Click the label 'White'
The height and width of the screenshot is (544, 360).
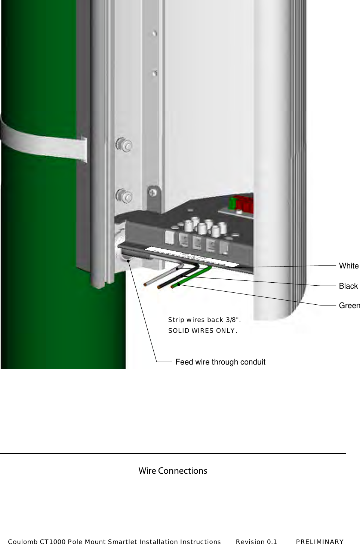[348, 266]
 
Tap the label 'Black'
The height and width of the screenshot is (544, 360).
[348, 286]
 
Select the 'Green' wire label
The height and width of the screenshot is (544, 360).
[349, 305]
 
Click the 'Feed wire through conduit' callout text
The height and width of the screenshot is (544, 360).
[220, 362]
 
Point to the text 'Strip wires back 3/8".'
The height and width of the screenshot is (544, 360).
[204, 320]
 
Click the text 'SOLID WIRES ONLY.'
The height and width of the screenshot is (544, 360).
[203, 331]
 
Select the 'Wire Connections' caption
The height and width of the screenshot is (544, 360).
[173, 471]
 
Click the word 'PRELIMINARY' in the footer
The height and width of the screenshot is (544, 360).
[320, 541]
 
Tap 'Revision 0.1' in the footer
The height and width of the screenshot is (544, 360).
[256, 541]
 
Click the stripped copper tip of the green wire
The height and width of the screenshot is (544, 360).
[173, 287]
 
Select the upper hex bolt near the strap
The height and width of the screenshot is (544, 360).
[124, 144]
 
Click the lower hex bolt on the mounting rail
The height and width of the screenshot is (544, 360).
[124, 196]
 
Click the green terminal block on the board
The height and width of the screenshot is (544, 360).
[232, 203]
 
